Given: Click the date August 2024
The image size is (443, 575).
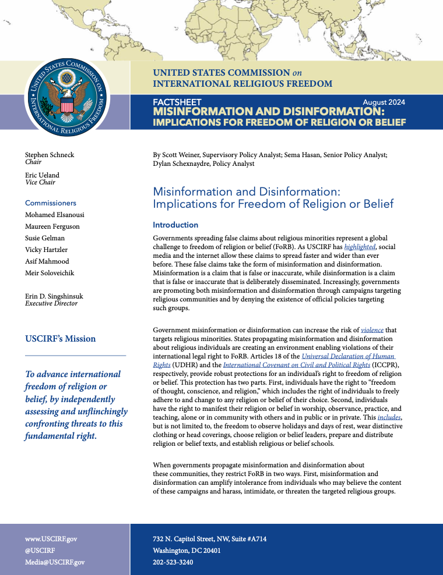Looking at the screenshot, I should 384,102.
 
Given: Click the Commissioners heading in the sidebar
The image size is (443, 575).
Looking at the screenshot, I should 51,203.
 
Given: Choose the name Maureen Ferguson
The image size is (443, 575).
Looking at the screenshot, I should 52,226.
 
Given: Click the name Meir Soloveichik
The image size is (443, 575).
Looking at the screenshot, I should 51,273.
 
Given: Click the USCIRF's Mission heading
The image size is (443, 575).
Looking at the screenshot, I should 61,339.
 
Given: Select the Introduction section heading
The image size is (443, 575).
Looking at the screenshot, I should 175,225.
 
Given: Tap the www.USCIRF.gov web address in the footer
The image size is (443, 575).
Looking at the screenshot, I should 51,539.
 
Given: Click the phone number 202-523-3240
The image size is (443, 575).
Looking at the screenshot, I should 173,562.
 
